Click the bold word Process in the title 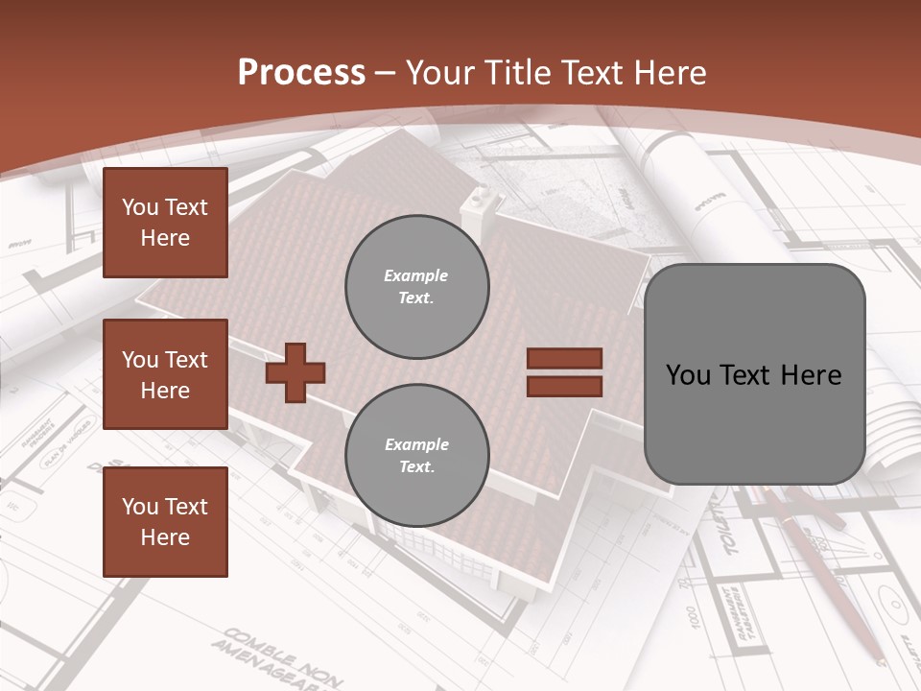(x=301, y=72)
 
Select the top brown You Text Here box (x=165, y=223)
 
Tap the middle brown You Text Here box (x=165, y=374)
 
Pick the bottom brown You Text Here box (x=165, y=522)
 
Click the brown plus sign (x=295, y=371)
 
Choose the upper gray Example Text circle (x=416, y=287)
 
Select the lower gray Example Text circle (x=416, y=456)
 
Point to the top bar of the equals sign (x=564, y=359)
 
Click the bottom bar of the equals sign (x=564, y=386)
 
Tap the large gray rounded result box (x=754, y=374)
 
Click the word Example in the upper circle (x=416, y=275)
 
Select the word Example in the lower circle (x=416, y=444)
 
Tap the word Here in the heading (x=672, y=72)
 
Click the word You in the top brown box (x=140, y=207)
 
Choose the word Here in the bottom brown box (x=165, y=537)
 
